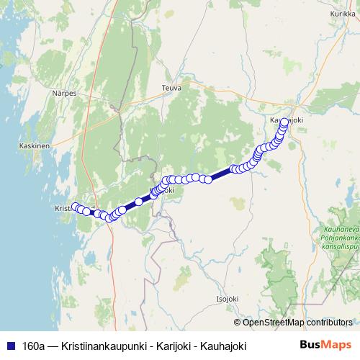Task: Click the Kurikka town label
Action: [343, 14]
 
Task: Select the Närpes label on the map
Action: [63, 93]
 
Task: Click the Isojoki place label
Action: [228, 297]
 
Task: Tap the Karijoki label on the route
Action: [163, 191]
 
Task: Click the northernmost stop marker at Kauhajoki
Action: [284, 122]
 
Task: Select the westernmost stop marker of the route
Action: [74, 207]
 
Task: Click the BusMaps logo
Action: [325, 345]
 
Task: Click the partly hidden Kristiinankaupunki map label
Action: [64, 208]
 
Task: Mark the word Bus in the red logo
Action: [312, 345]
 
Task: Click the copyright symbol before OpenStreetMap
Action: [237, 322]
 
